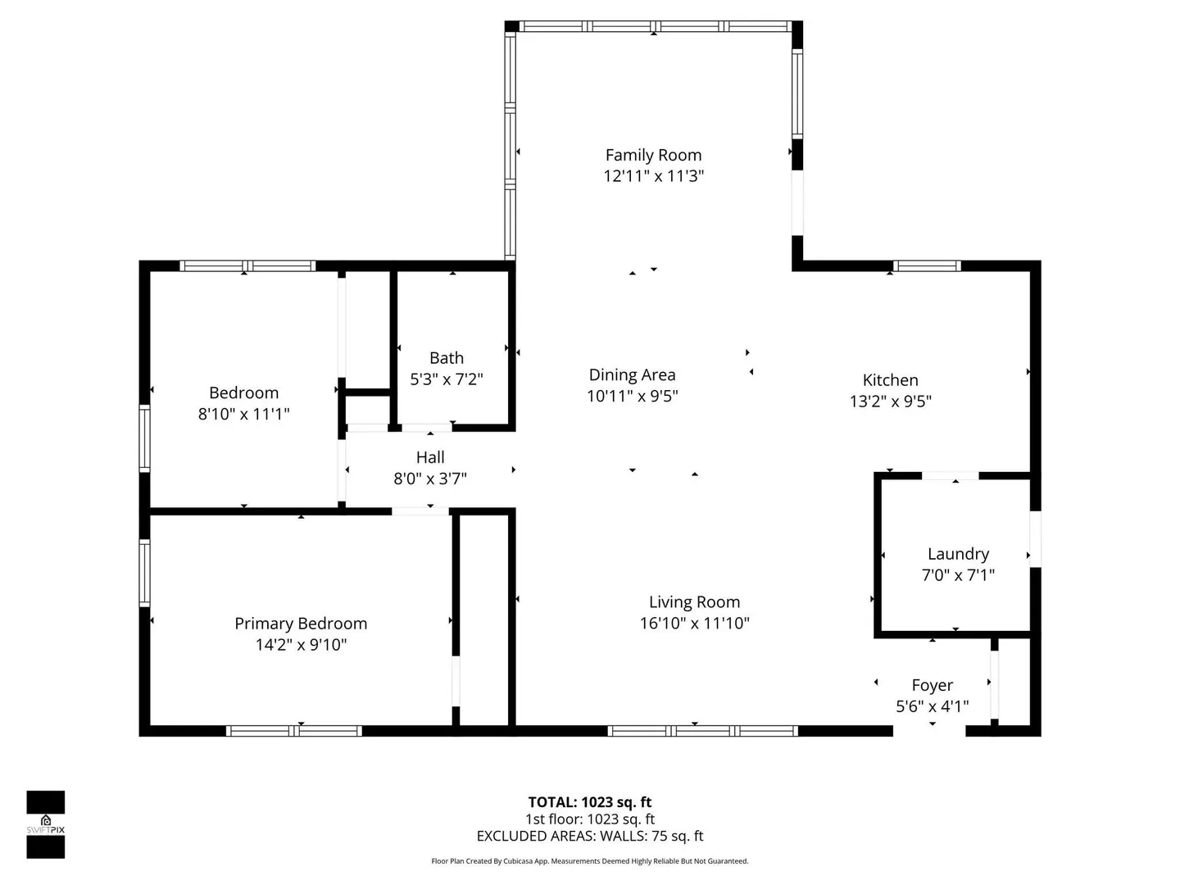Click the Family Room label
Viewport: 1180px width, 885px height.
click(x=653, y=156)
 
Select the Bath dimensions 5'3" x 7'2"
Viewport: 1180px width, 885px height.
click(x=447, y=379)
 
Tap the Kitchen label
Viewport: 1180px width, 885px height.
click(x=890, y=380)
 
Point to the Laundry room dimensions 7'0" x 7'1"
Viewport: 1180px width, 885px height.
click(x=958, y=575)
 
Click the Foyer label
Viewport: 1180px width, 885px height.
click(x=933, y=685)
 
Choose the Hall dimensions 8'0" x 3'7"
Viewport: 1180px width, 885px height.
click(x=430, y=479)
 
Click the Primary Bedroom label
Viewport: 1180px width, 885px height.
click(x=301, y=624)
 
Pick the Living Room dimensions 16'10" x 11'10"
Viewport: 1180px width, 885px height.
click(x=695, y=623)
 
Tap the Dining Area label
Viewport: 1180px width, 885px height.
click(x=632, y=374)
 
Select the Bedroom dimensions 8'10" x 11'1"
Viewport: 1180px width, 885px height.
click(x=243, y=414)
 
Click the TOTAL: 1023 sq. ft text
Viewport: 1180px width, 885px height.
click(x=590, y=802)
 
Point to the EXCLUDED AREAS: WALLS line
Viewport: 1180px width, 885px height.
click(x=590, y=836)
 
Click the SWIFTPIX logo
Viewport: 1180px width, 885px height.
click(x=46, y=825)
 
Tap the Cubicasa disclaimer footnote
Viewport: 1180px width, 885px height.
click(x=590, y=861)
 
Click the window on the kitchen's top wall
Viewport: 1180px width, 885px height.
click(x=927, y=265)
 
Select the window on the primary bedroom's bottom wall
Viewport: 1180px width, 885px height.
click(x=293, y=731)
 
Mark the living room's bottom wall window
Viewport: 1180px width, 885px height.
click(x=702, y=731)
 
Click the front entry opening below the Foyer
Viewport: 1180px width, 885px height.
click(x=929, y=731)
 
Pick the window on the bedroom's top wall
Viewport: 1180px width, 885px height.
click(x=247, y=265)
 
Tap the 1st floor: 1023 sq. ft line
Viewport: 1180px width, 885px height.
click(x=590, y=819)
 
